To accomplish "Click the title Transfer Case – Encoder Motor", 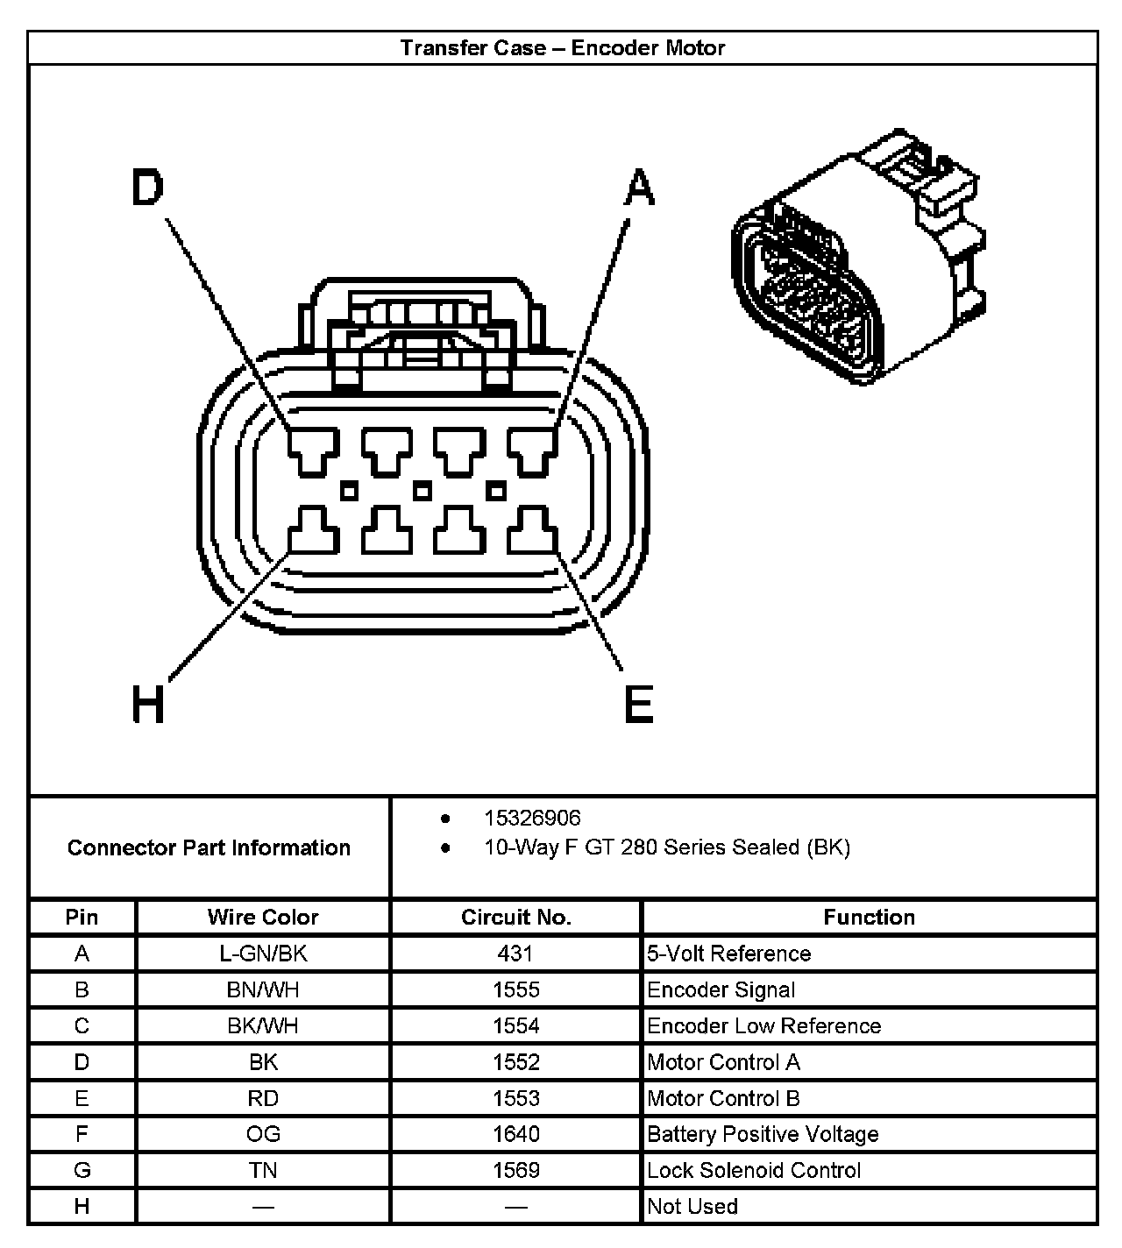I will pos(562,47).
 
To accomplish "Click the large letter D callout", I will pos(147,188).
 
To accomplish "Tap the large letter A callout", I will pos(640,188).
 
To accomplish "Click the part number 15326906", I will pos(532,818).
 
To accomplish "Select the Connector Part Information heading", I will pos(209,847).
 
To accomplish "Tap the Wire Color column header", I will pos(263,917).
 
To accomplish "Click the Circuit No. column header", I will pos(515,917).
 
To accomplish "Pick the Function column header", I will pos(869,917).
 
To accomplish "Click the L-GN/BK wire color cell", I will pos(263,954).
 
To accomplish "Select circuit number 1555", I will pos(515,989).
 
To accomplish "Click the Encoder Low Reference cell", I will pos(763,1025).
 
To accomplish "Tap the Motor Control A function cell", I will pos(723,1062).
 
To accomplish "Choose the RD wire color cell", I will pos(263,1098).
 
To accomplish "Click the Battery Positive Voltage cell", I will pos(763,1134).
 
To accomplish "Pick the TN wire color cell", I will pos(263,1170).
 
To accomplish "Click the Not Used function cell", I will pos(692,1206).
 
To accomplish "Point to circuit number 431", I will pos(515,954).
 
